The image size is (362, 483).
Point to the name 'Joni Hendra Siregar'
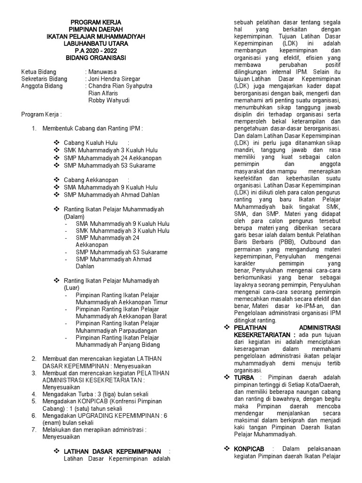tap(115, 79)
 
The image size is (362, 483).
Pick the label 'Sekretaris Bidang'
tap(44, 79)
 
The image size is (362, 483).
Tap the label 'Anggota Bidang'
tap(41, 86)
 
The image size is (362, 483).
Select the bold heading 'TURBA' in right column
tap(244, 377)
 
